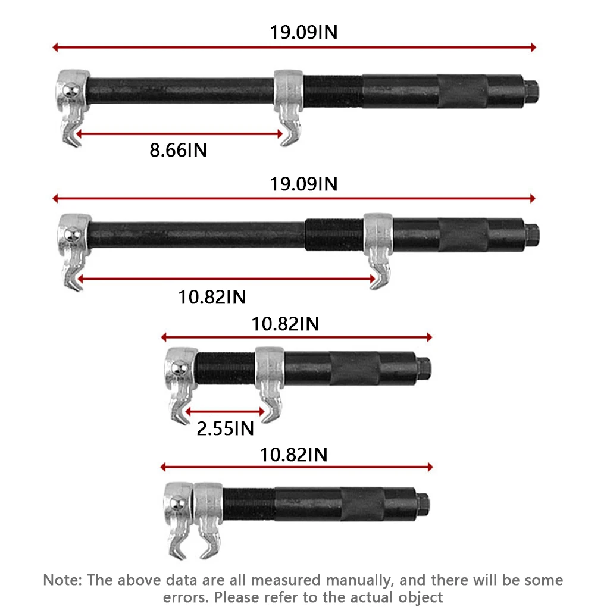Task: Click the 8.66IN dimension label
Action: pos(179,150)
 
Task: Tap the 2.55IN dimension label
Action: pos(226,428)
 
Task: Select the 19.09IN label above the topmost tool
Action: pos(303,32)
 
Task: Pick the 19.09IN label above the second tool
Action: pos(303,184)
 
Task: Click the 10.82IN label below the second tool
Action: pos(212,298)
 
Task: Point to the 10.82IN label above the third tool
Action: pos(285,324)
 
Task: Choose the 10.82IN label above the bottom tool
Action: pos(293,455)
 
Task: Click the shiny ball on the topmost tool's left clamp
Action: pos(71,92)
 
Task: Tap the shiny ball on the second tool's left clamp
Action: pos(72,235)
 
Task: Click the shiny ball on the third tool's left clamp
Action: pos(179,368)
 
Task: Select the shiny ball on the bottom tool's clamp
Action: pos(178,504)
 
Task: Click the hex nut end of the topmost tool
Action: pos(531,92)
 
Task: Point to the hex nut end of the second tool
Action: pos(532,235)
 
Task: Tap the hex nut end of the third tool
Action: pos(424,368)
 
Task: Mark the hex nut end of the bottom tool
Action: pos(423,505)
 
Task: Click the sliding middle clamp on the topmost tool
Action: pos(289,107)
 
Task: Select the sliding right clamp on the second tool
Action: pos(378,250)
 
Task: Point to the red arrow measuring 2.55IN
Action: pos(225,411)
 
